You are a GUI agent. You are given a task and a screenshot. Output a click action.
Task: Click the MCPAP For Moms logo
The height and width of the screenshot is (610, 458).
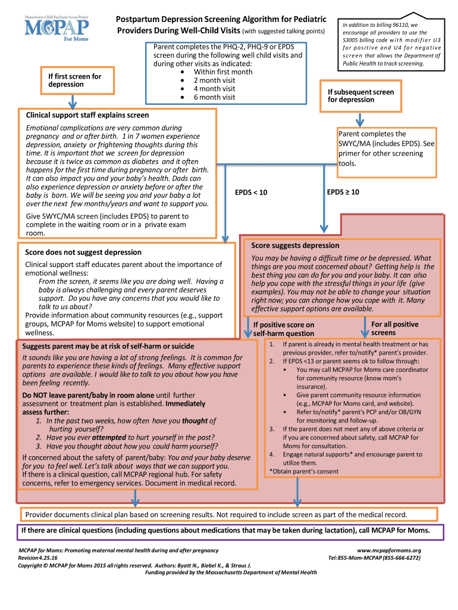coord(57,27)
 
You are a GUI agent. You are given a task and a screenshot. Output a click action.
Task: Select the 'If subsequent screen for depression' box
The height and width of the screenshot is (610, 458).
coord(360,96)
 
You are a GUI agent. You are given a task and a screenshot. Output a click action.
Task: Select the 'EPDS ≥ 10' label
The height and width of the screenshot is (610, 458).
coord(343,192)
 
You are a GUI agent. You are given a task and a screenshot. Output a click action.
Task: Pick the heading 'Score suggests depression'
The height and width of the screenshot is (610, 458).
coord(295,245)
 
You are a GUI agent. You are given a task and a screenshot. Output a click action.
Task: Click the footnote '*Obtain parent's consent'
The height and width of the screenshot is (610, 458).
coord(303,471)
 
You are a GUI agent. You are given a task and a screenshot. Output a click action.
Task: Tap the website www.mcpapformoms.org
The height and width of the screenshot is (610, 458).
coord(389,550)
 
